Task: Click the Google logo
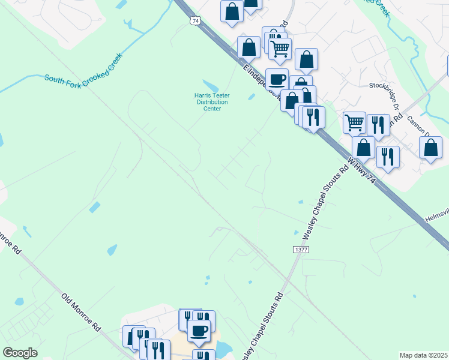pyautogui.click(x=19, y=352)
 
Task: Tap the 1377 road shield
pyautogui.click(x=301, y=249)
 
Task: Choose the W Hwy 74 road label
pyautogui.click(x=364, y=173)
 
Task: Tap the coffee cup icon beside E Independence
pyautogui.click(x=277, y=79)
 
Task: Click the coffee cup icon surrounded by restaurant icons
pyautogui.click(x=199, y=329)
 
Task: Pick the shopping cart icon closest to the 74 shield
pyautogui.click(x=280, y=49)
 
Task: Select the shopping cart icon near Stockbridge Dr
pyautogui.click(x=354, y=122)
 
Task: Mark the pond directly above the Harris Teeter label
pyautogui.click(x=211, y=86)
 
